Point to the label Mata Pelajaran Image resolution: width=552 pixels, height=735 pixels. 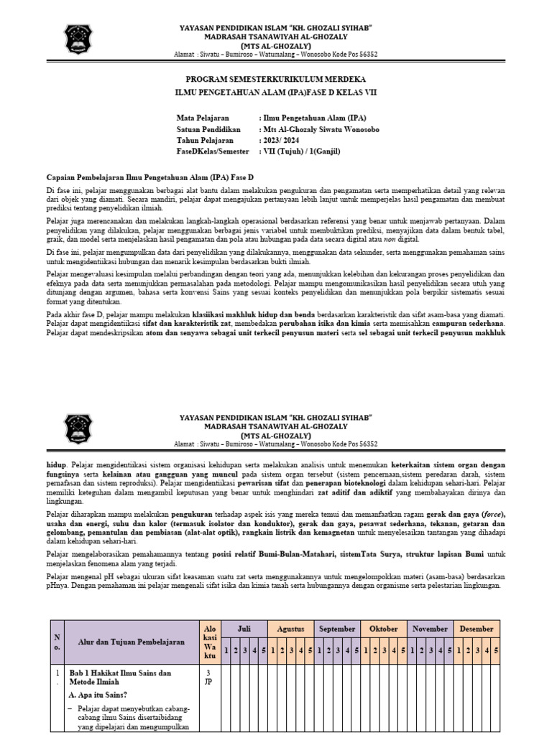click(203, 116)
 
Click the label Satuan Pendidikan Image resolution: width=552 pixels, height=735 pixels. click(209, 128)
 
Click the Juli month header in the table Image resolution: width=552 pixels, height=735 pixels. click(244, 629)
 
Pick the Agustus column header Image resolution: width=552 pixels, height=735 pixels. click(291, 629)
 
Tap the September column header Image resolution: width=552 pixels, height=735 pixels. click(338, 629)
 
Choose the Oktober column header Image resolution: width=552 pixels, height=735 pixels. click(384, 629)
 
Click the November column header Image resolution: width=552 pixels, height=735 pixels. click(431, 629)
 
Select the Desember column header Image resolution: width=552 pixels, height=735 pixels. click(477, 629)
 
